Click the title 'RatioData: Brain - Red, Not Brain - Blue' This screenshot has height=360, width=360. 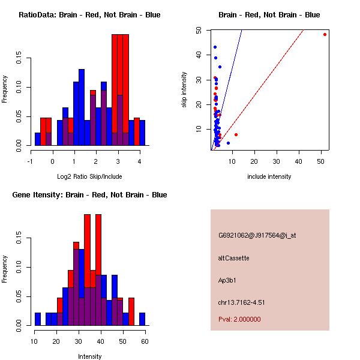pos(89,15)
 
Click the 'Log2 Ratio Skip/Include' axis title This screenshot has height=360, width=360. pos(89,176)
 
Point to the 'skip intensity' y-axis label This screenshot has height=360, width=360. pos(184,90)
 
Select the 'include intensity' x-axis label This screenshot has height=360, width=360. pos(269,176)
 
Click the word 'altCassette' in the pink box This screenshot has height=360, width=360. pos(233,258)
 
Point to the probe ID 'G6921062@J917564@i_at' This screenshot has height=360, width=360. pos(257,235)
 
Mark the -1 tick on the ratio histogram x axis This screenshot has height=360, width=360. pos(31,161)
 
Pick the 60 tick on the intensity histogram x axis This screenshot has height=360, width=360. pos(145,341)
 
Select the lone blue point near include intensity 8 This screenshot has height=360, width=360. pos(228,143)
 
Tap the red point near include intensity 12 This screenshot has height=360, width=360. pos(236,134)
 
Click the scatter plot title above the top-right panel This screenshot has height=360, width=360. pos(269,15)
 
